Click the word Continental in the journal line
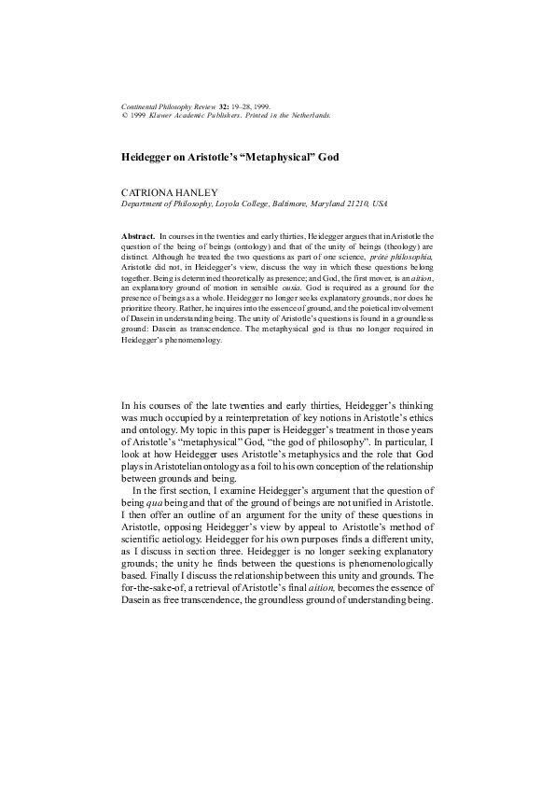tap(139, 107)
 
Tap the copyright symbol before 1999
tap(125, 116)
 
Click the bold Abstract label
tap(139, 239)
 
